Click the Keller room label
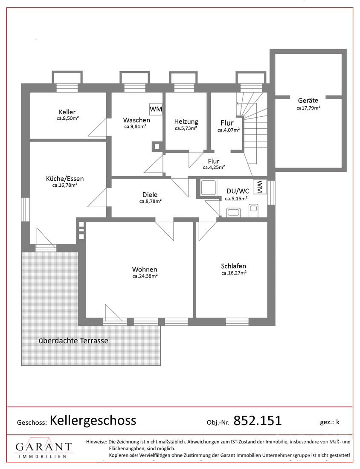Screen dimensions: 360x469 [x=67, y=112]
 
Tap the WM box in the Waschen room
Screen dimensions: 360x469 [x=156, y=109]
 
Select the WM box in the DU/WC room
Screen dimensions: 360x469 [x=260, y=187]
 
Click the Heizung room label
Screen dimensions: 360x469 [x=186, y=122]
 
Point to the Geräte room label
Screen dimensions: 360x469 [x=308, y=101]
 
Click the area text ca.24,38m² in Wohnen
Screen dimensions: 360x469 [x=145, y=276]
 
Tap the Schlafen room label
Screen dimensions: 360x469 [x=233, y=266]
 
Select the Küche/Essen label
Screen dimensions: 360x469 [x=65, y=179]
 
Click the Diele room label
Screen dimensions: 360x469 [x=150, y=195]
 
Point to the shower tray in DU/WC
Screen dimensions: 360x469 [x=208, y=188]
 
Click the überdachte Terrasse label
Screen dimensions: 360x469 [x=73, y=341]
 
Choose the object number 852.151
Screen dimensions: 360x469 [x=257, y=420]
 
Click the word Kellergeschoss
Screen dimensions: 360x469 [x=93, y=420]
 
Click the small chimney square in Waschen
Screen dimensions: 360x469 [x=157, y=146]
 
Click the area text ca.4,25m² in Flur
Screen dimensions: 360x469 [x=214, y=168]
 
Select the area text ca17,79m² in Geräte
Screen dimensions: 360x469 [x=308, y=108]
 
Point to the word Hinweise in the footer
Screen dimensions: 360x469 [x=96, y=442]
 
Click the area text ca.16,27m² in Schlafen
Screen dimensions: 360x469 [x=234, y=273]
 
